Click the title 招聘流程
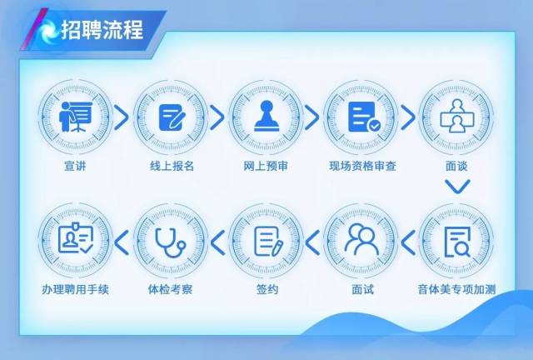point(102,30)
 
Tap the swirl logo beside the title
point(47,31)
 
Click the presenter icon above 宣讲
point(76,117)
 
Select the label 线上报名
point(172,166)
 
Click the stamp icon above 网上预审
point(266,116)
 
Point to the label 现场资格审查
point(362,166)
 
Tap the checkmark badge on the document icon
point(374,126)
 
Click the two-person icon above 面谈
point(457,116)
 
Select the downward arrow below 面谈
point(457,187)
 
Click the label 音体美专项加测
point(456,289)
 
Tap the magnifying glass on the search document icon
point(463,249)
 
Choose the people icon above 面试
point(361,239)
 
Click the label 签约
point(267,289)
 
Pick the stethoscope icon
point(171,242)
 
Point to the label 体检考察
point(170,289)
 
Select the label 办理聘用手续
point(75,289)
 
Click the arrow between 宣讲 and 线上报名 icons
point(122,117)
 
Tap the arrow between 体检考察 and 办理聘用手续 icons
point(122,242)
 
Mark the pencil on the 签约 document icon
point(277,248)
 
